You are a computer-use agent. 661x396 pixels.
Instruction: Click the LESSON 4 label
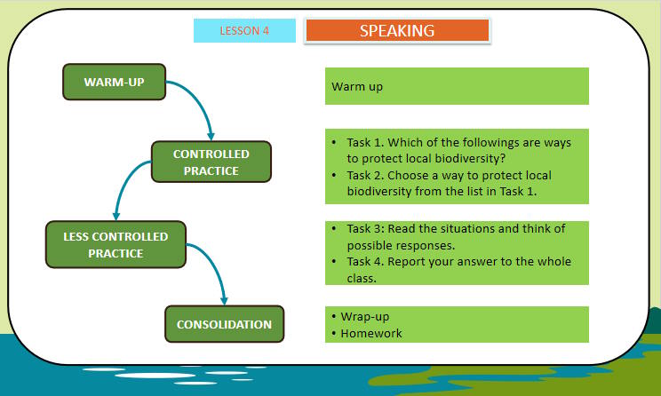tap(244, 30)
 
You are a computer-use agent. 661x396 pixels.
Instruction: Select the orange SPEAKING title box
tap(397, 30)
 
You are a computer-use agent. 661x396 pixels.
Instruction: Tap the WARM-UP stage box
tap(115, 83)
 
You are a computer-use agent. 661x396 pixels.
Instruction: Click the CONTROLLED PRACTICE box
tap(211, 162)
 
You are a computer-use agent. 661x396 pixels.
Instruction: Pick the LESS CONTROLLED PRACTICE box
tap(115, 245)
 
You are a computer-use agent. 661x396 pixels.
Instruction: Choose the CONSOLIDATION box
tap(224, 324)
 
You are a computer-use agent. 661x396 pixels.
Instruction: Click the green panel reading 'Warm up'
tap(457, 87)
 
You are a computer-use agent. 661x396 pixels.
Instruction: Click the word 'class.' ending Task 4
tap(363, 277)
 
